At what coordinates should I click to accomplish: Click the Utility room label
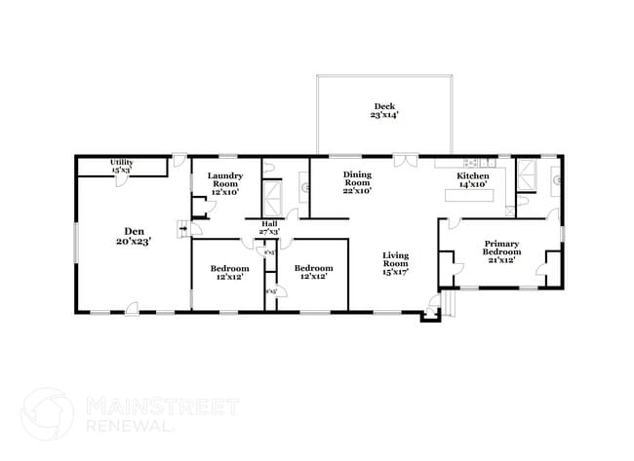point(121,166)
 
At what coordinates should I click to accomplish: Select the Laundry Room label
point(224,184)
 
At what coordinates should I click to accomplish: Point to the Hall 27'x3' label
point(269,228)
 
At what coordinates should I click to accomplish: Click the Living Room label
point(394,263)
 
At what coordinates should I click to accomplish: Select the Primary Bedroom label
point(500,249)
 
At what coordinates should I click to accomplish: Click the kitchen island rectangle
point(471,195)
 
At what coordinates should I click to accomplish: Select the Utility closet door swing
point(178,160)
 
